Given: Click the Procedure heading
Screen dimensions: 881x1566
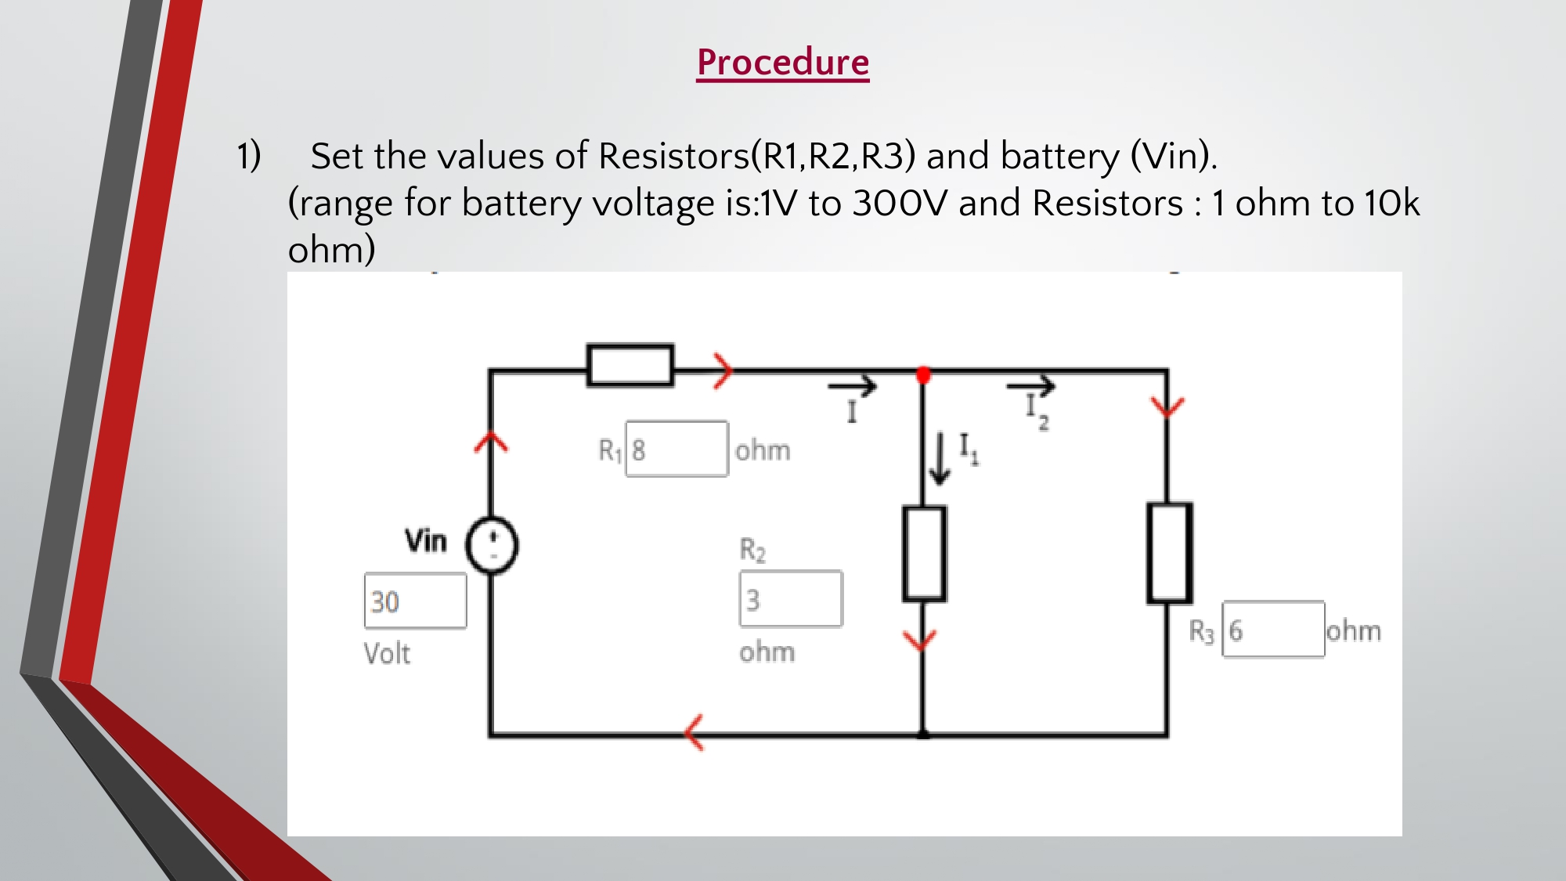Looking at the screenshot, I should tap(783, 63).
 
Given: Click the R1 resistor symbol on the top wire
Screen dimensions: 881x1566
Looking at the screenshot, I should tap(630, 365).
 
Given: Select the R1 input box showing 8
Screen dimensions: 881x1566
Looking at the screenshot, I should tap(677, 450).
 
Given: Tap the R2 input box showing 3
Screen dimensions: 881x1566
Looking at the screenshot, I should tap(791, 599).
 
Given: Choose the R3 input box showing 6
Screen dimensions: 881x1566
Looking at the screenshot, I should tap(1273, 630).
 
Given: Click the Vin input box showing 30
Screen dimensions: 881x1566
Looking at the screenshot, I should tap(415, 601).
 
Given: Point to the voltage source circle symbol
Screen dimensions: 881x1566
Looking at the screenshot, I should tap(492, 545).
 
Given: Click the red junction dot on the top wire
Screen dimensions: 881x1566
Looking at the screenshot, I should tap(923, 375).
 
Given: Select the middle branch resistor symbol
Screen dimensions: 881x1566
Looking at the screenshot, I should tap(924, 554).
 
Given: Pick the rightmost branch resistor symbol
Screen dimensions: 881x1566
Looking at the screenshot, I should tap(1169, 553).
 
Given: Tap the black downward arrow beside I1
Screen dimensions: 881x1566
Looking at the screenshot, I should tap(940, 460).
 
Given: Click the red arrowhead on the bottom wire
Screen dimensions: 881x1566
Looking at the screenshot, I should tap(694, 733).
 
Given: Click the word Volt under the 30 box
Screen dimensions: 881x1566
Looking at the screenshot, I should tap(387, 653).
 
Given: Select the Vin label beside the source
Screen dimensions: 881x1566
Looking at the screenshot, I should tap(426, 540).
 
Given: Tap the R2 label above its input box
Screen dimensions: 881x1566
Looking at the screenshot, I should tap(752, 550).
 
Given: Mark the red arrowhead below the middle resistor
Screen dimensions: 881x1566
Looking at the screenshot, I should tap(920, 640).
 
